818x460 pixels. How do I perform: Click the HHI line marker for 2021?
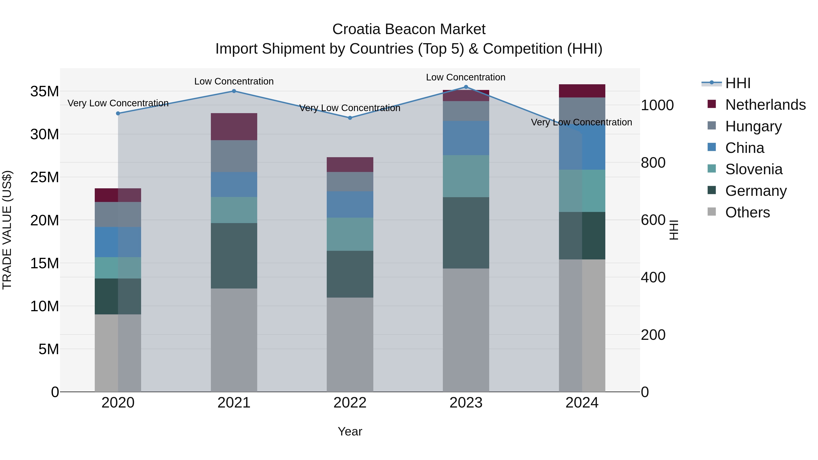click(x=234, y=91)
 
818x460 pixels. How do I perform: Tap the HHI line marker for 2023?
click(x=466, y=87)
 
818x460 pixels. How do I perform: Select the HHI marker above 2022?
click(x=350, y=118)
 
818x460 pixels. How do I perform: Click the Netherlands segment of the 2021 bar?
click(x=234, y=127)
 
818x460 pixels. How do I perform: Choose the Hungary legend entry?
click(x=753, y=126)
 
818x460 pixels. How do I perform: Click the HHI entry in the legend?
click(x=737, y=83)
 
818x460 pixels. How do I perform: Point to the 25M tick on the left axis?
click(x=45, y=177)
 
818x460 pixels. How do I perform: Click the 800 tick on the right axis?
click(x=653, y=163)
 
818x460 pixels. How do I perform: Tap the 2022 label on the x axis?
click(x=350, y=403)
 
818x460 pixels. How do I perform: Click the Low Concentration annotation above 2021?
click(x=234, y=81)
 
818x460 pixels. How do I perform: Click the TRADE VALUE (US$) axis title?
click(x=7, y=230)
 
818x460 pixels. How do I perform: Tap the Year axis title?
click(x=350, y=431)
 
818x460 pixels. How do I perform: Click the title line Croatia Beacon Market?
click(x=409, y=29)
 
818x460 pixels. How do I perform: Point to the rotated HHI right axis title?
click(x=673, y=230)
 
